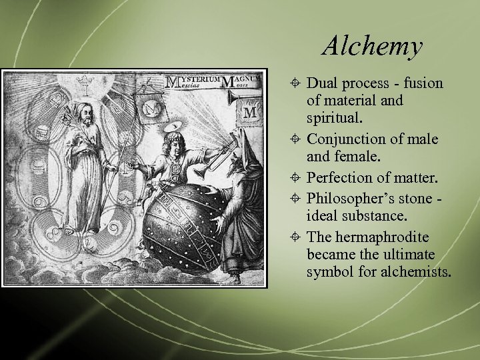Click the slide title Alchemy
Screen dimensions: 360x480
pos(372,47)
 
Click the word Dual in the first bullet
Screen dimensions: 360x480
pos(323,83)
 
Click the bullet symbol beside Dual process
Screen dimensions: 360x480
pos(297,84)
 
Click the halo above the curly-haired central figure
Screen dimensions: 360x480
pos(171,126)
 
